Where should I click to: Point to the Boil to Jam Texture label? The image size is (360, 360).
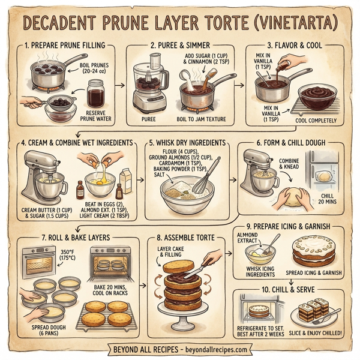201,118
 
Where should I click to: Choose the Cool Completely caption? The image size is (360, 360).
317,119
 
